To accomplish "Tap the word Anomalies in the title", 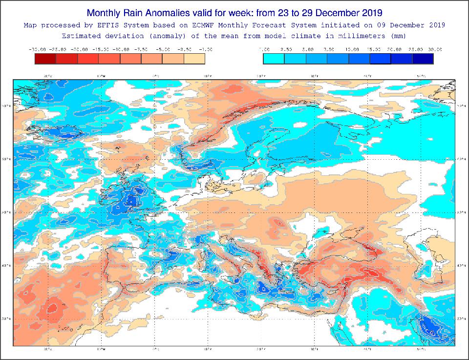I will click(x=165, y=12).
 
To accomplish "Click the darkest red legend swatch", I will click(x=45, y=59).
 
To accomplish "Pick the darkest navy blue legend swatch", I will click(x=423, y=59).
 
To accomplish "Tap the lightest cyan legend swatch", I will click(x=274, y=59).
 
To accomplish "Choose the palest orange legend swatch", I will click(x=194, y=59).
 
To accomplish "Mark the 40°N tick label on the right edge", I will click(x=460, y=266).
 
